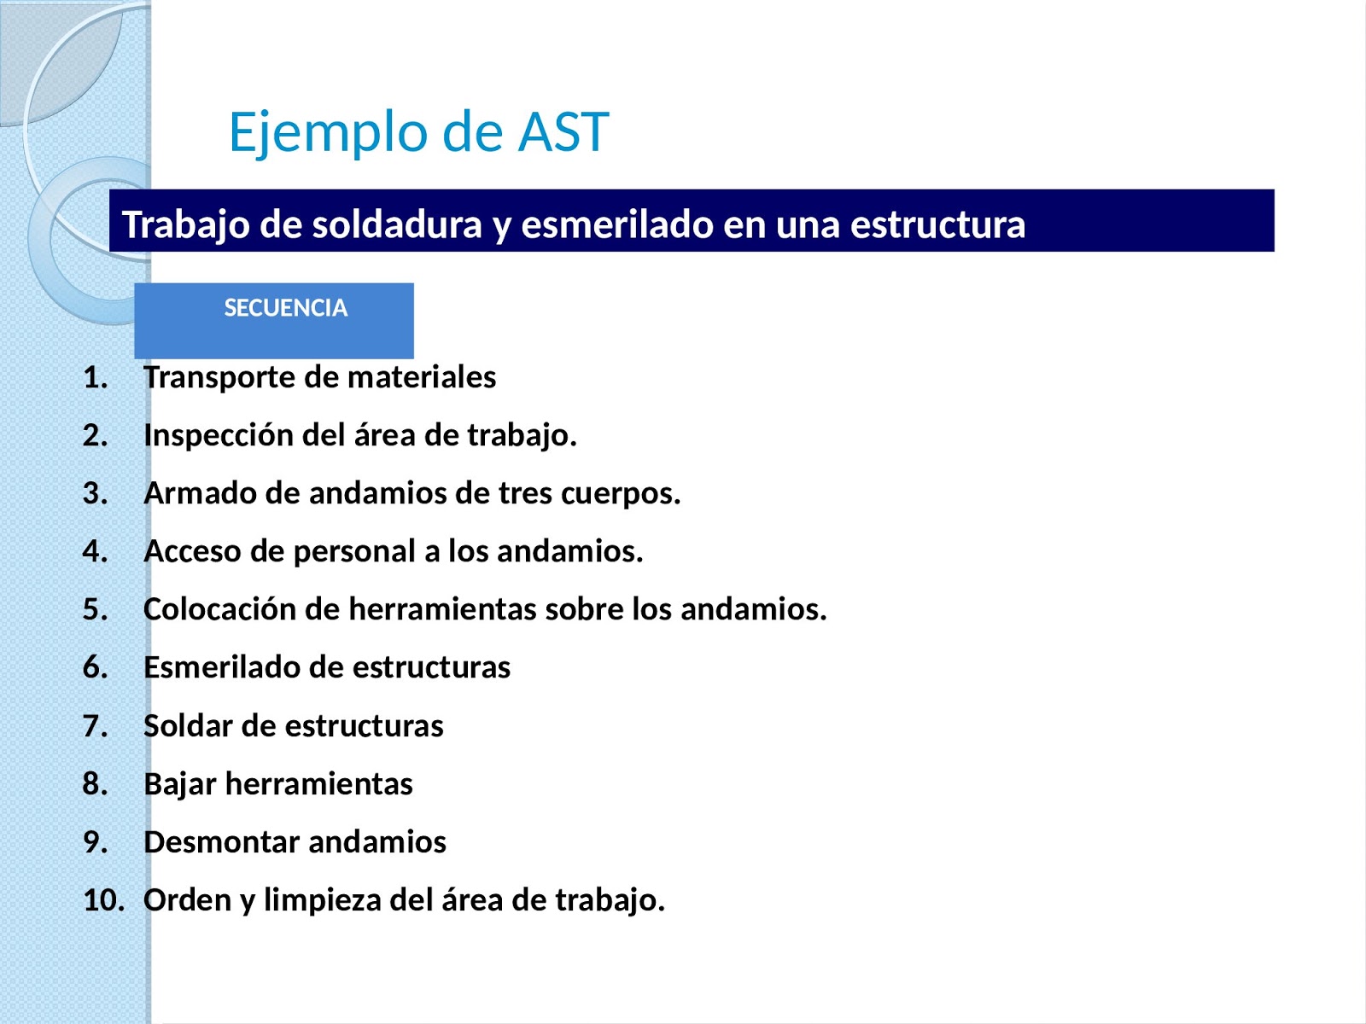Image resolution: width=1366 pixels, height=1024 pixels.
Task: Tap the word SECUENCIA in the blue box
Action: [x=285, y=308]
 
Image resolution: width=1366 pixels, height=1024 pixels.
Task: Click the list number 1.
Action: [x=96, y=377]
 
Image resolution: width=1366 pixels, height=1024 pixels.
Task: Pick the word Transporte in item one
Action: [x=221, y=377]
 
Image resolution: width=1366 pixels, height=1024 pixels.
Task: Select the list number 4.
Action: [x=96, y=551]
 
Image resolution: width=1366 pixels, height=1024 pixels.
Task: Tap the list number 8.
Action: [x=96, y=783]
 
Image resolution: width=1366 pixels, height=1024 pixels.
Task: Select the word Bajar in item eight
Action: [x=179, y=783]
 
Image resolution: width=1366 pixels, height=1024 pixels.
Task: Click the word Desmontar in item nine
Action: [x=222, y=841]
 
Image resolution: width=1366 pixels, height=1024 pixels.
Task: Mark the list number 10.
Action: [x=103, y=900]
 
